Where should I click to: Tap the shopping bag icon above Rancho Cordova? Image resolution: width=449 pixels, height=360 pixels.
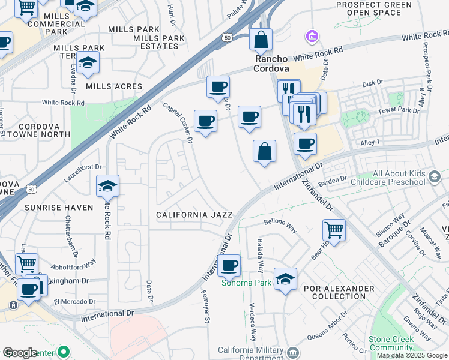[261, 41]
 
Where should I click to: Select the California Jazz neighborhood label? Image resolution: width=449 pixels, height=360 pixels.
[190, 214]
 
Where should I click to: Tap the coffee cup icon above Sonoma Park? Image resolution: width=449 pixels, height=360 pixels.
[228, 266]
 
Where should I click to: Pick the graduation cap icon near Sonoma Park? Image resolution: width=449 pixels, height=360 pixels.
[285, 278]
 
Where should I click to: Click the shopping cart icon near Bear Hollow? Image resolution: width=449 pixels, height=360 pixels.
[334, 229]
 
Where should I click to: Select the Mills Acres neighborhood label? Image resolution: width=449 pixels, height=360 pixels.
[114, 86]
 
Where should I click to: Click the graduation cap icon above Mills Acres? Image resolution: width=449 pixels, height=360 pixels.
[88, 63]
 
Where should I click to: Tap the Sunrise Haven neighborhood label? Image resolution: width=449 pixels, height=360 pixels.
[59, 208]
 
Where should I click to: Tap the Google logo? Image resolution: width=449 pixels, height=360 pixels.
[19, 353]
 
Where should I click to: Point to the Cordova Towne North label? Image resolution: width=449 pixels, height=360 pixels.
[44, 130]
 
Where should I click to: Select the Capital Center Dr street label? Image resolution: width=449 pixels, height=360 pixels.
[178, 122]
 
